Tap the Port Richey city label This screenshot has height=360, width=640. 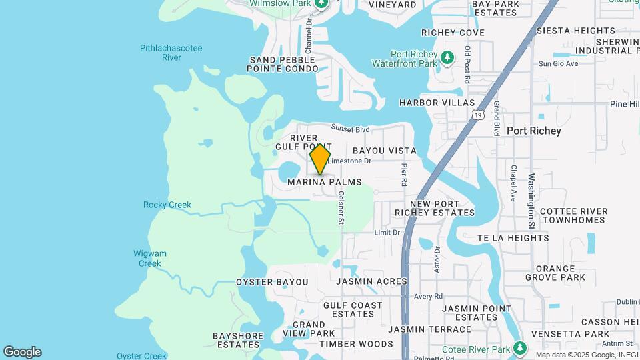coord(533,131)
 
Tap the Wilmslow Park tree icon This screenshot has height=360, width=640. coord(321,4)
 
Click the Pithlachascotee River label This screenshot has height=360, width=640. coord(171,53)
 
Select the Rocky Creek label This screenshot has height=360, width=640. coord(167,205)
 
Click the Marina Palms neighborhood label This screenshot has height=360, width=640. coord(325,182)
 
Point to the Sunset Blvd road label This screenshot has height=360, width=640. coord(351,129)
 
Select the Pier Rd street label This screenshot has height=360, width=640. coord(405,175)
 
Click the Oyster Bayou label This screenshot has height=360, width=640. coord(272,282)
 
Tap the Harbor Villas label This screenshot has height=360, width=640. coord(437,103)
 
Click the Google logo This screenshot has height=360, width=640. coord(22,352)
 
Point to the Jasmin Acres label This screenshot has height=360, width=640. coord(371,281)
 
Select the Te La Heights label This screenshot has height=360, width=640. coord(513,237)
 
